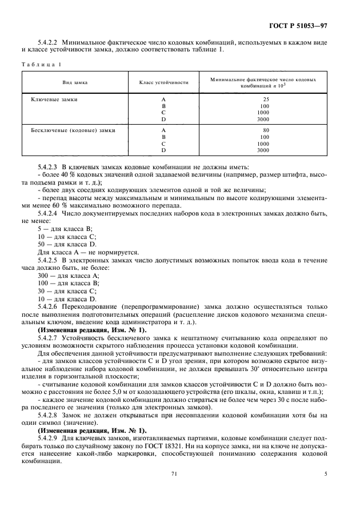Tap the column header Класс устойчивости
click(x=164, y=82)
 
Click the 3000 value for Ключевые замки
click(x=262, y=119)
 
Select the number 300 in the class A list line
click(x=43, y=276)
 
